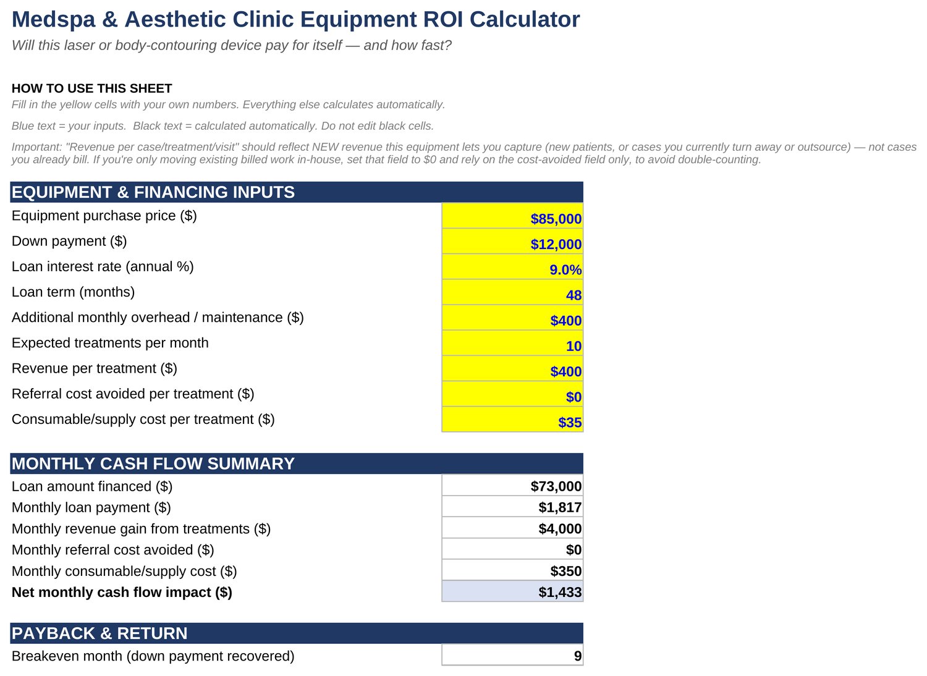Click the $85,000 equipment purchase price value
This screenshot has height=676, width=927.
pyautogui.click(x=556, y=219)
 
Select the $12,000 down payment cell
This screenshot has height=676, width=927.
pyautogui.click(x=556, y=244)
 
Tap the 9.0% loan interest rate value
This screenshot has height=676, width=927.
pyautogui.click(x=565, y=270)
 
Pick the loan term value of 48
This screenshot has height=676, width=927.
pyautogui.click(x=574, y=295)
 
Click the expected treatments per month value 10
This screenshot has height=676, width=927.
pyautogui.click(x=574, y=346)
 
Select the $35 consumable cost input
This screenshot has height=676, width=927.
pyautogui.click(x=570, y=423)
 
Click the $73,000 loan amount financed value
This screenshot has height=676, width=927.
pyautogui.click(x=556, y=486)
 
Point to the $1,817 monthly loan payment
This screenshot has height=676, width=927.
pyautogui.click(x=560, y=507)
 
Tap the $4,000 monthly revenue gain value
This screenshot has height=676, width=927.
pyautogui.click(x=560, y=529)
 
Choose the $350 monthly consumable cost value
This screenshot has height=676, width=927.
pyautogui.click(x=565, y=571)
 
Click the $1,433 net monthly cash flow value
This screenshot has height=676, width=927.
pyautogui.click(x=560, y=592)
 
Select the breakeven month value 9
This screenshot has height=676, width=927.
pyautogui.click(x=578, y=656)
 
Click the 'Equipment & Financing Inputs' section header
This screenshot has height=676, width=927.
pyautogui.click(x=153, y=192)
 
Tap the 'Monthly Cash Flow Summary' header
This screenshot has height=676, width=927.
pyautogui.click(x=153, y=464)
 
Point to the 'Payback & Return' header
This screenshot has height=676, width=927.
pyautogui.click(x=99, y=633)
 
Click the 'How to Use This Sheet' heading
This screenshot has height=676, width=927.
pyautogui.click(x=91, y=88)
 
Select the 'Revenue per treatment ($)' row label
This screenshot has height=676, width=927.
pyautogui.click(x=95, y=368)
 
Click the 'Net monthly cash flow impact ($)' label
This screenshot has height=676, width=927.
pyautogui.click(x=122, y=593)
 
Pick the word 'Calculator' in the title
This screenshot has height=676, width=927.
pyautogui.click(x=525, y=19)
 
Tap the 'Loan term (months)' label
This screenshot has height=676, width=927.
pyautogui.click(x=74, y=292)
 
